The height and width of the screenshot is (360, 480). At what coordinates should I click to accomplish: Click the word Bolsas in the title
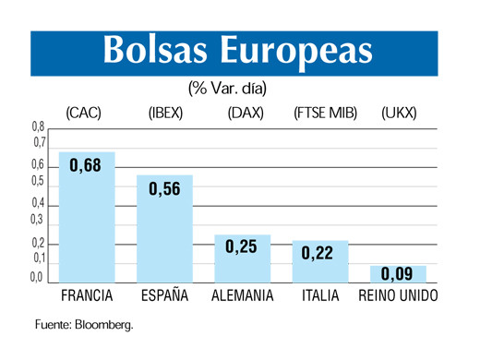pyautogui.click(x=153, y=52)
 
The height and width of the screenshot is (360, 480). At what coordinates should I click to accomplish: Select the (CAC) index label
pyautogui.click(x=83, y=114)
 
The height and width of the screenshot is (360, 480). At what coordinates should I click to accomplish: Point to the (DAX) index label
pyautogui.click(x=245, y=114)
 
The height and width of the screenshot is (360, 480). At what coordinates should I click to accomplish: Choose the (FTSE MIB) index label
pyautogui.click(x=325, y=114)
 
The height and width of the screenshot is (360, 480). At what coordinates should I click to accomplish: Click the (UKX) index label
pyautogui.click(x=399, y=114)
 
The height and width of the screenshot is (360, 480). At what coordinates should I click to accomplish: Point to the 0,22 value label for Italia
pyautogui.click(x=320, y=251)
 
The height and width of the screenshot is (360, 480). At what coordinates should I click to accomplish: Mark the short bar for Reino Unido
pyautogui.click(x=398, y=274)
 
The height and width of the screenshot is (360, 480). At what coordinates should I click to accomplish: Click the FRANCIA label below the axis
pyautogui.click(x=87, y=296)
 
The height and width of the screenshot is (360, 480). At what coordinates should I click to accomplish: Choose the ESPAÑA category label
pyautogui.click(x=165, y=296)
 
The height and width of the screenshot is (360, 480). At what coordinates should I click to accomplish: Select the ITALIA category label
pyautogui.click(x=320, y=296)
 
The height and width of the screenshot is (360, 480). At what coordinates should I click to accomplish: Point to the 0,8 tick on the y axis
pyautogui.click(x=38, y=126)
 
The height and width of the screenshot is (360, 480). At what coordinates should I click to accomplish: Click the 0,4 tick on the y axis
pyautogui.click(x=38, y=202)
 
